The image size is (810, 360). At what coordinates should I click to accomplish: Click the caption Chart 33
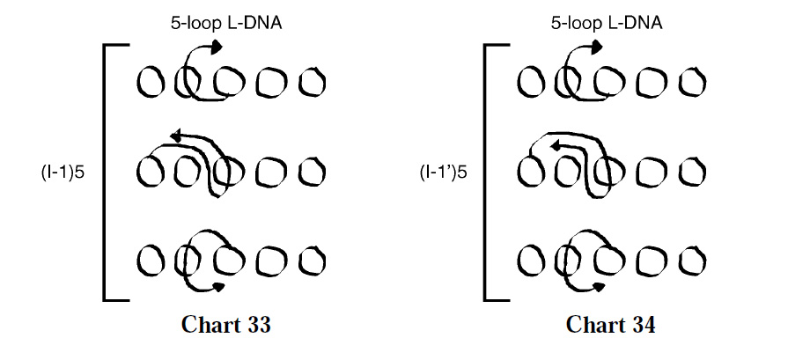(226, 325)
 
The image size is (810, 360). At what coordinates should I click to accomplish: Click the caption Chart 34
(611, 325)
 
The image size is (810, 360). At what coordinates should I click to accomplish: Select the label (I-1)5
(62, 172)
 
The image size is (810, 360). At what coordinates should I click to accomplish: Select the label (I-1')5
(443, 172)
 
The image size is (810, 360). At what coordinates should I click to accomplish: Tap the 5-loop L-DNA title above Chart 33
(226, 23)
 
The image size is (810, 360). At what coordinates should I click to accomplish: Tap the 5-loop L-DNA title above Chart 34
(607, 23)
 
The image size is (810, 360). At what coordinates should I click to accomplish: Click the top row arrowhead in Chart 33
(217, 48)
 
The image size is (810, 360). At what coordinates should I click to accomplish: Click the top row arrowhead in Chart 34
(597, 48)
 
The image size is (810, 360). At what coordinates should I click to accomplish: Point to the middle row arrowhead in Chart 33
(175, 136)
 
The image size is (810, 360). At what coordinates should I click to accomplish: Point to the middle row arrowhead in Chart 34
(556, 146)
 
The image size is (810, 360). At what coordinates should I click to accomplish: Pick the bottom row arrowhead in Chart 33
(219, 287)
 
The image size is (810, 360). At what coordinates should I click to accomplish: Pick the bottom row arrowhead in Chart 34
(600, 287)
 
